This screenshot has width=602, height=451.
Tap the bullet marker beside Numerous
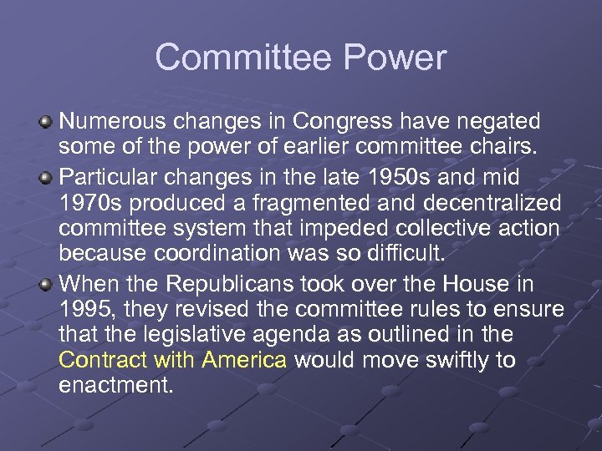click(48, 123)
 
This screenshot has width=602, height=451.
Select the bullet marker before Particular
click(48, 178)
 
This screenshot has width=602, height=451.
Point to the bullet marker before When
click(48, 285)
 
